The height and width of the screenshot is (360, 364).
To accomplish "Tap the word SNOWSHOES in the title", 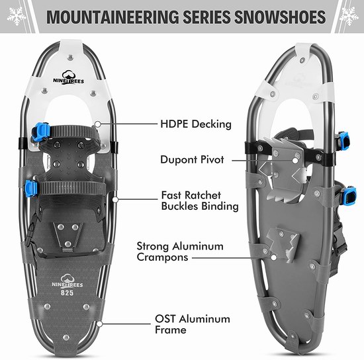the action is click(x=280, y=17).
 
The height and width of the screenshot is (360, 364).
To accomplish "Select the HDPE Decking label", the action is click(x=196, y=124).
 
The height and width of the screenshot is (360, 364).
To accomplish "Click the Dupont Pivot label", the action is click(x=192, y=159).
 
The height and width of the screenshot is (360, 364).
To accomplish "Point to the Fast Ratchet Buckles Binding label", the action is click(x=200, y=201).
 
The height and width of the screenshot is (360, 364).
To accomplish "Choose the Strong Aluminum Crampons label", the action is click(x=180, y=251).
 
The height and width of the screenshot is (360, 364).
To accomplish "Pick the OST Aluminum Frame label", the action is click(x=193, y=324).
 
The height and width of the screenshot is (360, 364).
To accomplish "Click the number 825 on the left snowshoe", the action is click(x=67, y=292).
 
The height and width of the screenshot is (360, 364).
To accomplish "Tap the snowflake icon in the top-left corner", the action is click(x=17, y=16).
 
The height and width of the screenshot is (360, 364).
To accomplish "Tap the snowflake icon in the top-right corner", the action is click(x=349, y=16).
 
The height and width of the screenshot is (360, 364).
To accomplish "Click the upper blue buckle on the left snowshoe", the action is click(x=40, y=132).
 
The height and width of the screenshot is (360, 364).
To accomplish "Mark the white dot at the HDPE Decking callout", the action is click(x=98, y=124).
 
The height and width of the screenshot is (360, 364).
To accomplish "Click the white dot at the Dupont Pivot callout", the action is click(x=295, y=160).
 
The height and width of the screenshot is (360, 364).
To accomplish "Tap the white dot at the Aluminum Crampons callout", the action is click(x=274, y=257).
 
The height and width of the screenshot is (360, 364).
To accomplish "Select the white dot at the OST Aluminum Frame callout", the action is click(x=99, y=324).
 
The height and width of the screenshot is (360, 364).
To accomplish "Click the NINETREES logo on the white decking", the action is click(x=68, y=77).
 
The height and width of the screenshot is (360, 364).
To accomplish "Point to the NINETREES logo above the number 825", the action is click(x=67, y=281).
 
